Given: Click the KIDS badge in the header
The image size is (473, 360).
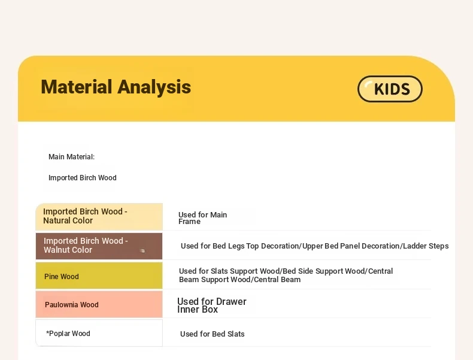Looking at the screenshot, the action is click(390, 89).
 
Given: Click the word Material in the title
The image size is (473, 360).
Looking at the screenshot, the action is click(77, 87).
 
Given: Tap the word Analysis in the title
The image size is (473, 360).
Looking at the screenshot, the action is click(154, 87).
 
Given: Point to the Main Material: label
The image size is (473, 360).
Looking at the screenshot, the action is click(71, 157).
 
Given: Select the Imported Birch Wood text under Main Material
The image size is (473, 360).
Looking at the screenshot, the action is click(83, 178).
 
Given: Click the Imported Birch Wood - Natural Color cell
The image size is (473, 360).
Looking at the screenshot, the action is click(99, 217).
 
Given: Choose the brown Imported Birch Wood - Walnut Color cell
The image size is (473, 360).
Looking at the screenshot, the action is click(99, 246).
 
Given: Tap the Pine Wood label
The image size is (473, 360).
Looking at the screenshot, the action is click(62, 276).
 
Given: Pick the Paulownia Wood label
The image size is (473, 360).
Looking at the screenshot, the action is click(72, 305).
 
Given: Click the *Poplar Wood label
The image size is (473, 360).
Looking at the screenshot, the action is click(68, 334).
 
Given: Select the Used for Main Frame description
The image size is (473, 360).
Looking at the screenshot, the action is click(202, 218).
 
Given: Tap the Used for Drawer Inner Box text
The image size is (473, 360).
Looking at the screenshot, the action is click(212, 305).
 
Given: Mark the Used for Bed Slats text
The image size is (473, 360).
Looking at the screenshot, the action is click(213, 334).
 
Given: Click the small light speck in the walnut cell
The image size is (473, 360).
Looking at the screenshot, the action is click(142, 250).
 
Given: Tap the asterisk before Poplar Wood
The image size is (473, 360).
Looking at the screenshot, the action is click(47, 332).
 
